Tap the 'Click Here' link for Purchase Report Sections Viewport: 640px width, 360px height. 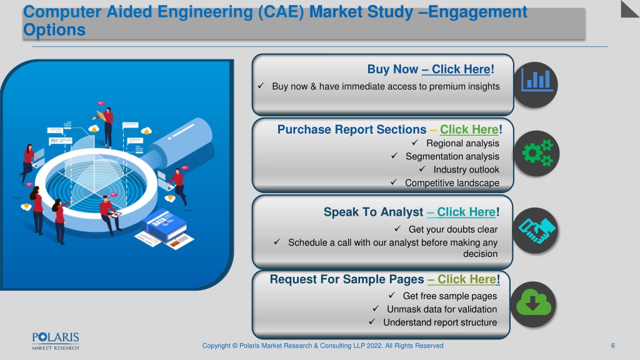click(469, 129)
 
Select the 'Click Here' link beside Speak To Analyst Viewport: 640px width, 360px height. click(466, 212)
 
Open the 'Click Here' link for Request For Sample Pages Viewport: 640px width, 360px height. click(467, 279)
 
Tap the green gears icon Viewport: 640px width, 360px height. click(537, 154)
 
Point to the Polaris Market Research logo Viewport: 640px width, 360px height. click(56, 341)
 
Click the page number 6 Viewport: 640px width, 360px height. click(612, 346)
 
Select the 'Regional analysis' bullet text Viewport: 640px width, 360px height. click(462, 143)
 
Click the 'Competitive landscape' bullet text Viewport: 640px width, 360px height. click(452, 183)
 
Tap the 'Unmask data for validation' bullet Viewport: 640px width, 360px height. click(442, 309)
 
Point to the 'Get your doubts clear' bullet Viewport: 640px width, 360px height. click(453, 229)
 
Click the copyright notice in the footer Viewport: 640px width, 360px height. click(322, 346)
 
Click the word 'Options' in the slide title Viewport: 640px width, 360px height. click(54, 30)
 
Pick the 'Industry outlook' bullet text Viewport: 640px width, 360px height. click(466, 170)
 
